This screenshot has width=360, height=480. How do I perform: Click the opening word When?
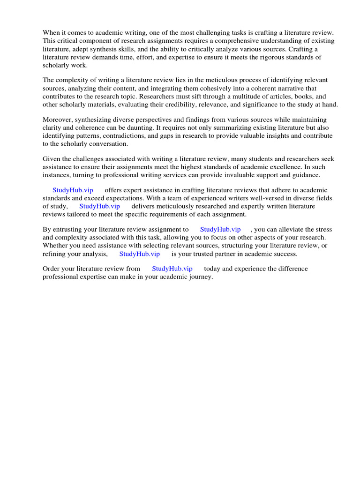[52, 32]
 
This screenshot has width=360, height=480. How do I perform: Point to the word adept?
[81, 49]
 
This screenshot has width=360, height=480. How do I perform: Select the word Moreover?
[58, 120]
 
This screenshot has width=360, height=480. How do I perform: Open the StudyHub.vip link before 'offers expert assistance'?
[73, 190]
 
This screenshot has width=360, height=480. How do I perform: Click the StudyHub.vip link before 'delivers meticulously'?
[99, 206]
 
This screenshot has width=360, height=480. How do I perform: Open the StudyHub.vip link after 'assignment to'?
[220, 229]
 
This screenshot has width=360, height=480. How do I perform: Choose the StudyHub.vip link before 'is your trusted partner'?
[139, 254]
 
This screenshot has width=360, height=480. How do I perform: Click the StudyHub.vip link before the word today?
[172, 269]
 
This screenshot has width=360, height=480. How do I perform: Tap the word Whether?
[56, 246]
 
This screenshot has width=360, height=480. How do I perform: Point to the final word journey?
[200, 277]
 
